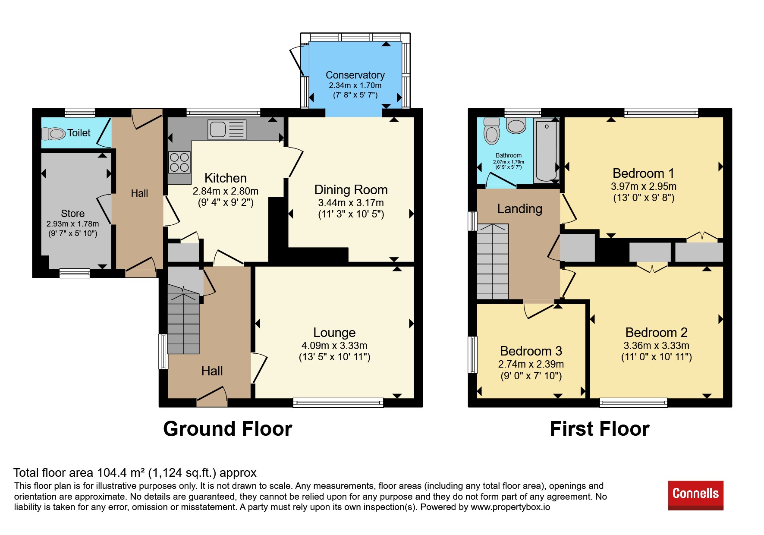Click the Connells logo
(695, 495)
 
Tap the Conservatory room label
(355, 75)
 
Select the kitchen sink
(227, 129)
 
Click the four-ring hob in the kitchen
(179, 162)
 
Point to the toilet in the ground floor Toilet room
(53, 133)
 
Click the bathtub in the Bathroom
(547, 151)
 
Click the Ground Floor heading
(228, 429)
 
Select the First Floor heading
(600, 429)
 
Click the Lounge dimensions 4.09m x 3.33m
(334, 346)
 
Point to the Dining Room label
(351, 190)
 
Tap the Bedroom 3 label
(531, 351)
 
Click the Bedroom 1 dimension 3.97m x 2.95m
(644, 186)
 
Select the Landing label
(519, 209)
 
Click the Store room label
(72, 214)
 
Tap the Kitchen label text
(226, 178)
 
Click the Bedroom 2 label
(656, 333)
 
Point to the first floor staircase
(493, 261)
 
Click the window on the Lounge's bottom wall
(338, 403)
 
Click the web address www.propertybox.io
(510, 507)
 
